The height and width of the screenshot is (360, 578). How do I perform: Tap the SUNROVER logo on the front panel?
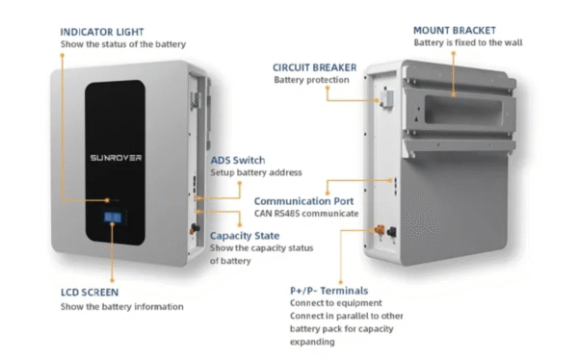115,154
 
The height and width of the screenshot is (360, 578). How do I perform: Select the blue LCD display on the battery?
113,223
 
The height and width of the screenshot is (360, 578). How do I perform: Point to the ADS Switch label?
238,159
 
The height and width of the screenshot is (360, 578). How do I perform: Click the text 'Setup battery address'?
256,172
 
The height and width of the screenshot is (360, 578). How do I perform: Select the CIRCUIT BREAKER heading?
314,67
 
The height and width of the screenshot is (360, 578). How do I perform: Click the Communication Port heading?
300,200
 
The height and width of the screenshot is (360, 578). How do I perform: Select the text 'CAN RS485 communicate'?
306,214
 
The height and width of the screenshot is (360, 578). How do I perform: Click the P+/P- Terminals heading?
328,290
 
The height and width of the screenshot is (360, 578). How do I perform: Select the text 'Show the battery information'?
108,307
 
